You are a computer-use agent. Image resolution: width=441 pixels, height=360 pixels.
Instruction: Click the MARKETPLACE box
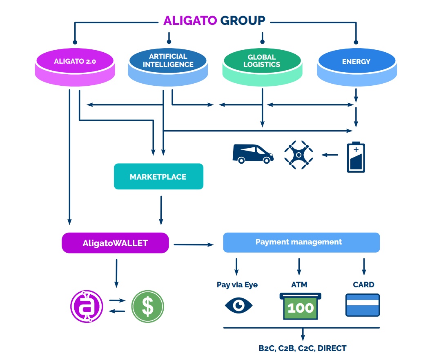coord(158,177)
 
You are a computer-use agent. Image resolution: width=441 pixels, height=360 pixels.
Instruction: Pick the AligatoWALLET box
coord(115,243)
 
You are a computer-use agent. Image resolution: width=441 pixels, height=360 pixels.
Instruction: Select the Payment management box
coord(301,242)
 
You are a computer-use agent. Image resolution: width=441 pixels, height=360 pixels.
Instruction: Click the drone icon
coord(299,155)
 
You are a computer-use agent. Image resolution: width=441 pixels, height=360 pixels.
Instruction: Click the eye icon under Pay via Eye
coord(239,305)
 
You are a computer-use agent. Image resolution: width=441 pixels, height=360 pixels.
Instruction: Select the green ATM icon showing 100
coord(301,306)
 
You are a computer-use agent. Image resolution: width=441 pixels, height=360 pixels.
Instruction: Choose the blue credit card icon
coord(363,305)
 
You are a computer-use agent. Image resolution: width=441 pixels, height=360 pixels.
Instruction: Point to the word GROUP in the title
coord(243,20)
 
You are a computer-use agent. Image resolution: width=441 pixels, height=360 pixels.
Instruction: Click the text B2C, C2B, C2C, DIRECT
coord(303,349)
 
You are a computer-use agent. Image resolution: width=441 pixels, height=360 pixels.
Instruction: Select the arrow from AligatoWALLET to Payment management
coord(194,244)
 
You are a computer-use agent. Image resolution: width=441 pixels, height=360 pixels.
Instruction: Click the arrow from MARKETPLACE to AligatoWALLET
coord(161,210)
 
